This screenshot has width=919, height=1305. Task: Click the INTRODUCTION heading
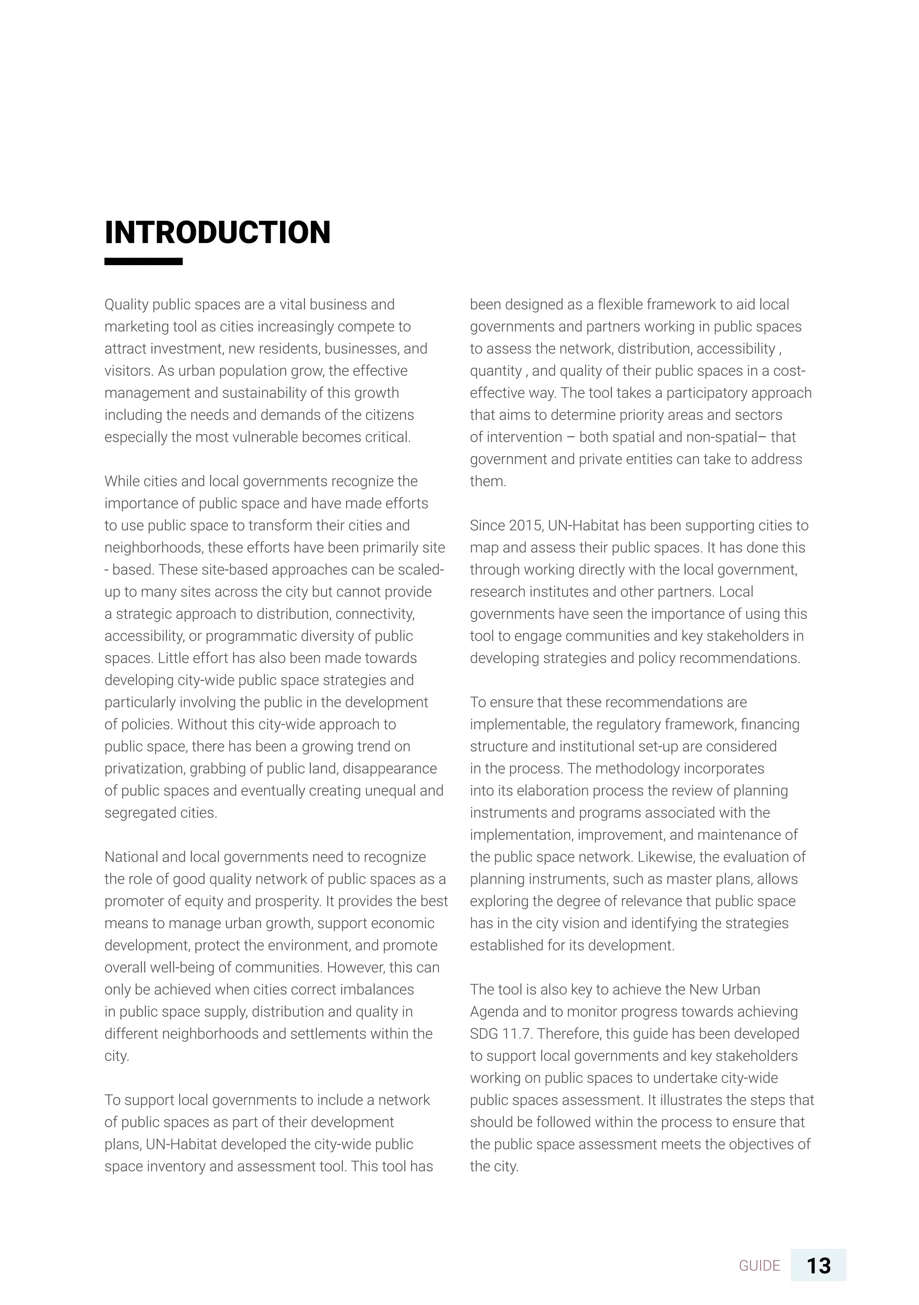click(217, 232)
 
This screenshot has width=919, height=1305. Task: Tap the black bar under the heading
click(143, 262)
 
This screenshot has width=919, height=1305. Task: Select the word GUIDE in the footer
click(759, 1266)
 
